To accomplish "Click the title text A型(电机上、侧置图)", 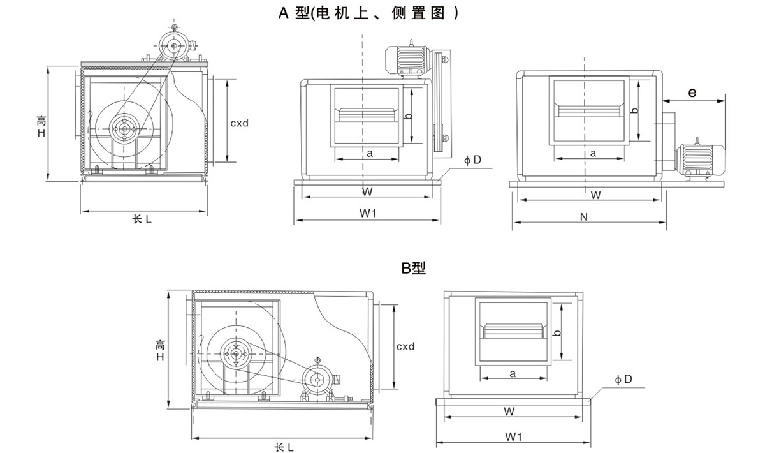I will pyautogui.click(x=368, y=12).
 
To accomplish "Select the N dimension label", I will pyautogui.click(x=584, y=217).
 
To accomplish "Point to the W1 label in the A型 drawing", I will pyautogui.click(x=368, y=214).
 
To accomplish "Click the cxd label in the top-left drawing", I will pyautogui.click(x=240, y=121).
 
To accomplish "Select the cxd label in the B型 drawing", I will pyautogui.click(x=405, y=346).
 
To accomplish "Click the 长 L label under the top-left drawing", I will pyautogui.click(x=142, y=219).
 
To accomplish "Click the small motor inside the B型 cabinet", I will pyautogui.click(x=316, y=380).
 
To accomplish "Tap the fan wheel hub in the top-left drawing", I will pyautogui.click(x=122, y=128).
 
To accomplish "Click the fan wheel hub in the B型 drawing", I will pyautogui.click(x=235, y=353).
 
